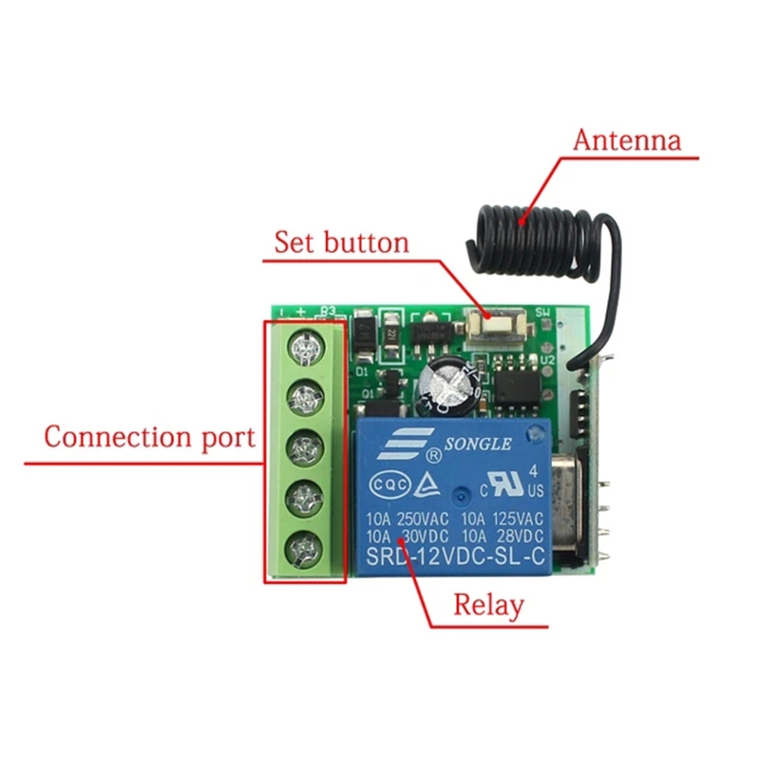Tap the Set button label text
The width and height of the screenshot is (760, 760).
(x=341, y=241)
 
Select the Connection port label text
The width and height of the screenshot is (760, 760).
(x=150, y=438)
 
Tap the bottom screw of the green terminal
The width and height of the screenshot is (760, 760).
(x=303, y=546)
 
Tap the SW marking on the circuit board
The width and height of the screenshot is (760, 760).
(x=543, y=313)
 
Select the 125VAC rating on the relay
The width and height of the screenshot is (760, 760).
(x=518, y=520)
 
